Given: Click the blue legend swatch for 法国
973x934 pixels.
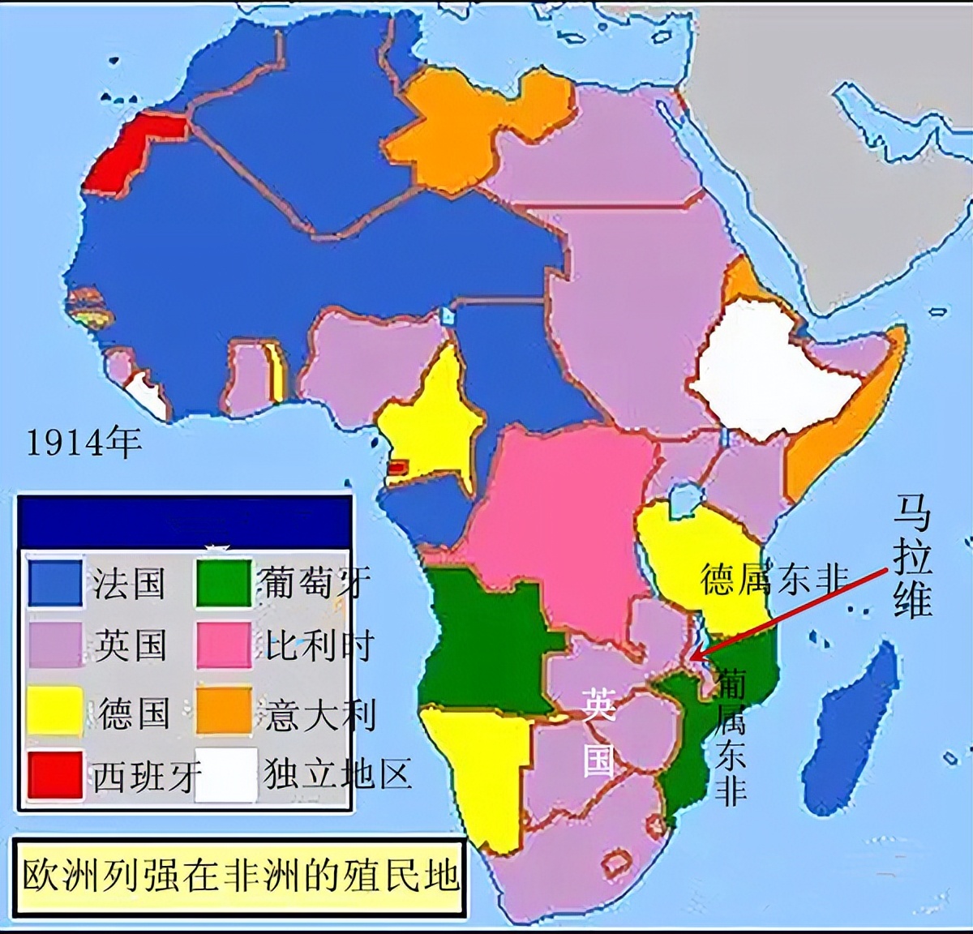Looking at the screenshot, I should click(x=55, y=583).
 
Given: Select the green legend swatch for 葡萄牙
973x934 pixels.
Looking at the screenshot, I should click(x=224, y=583).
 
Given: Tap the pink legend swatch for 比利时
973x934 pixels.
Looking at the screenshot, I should click(x=224, y=645).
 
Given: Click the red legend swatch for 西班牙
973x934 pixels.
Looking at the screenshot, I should click(x=55, y=774).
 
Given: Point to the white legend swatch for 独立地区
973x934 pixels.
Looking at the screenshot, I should click(x=224, y=774).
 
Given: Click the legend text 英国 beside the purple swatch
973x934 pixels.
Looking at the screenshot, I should click(x=130, y=645).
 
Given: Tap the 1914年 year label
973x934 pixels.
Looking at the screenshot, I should click(x=84, y=443).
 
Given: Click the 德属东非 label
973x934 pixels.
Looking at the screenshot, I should click(x=774, y=580).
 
